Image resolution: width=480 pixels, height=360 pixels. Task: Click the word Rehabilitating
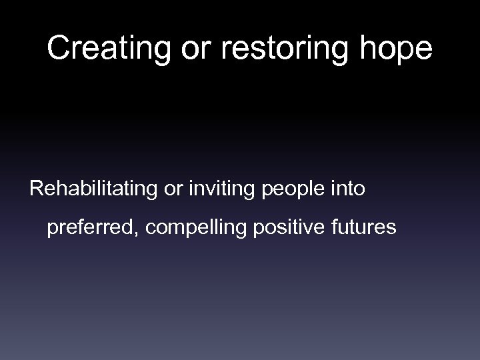pyautogui.click(x=93, y=189)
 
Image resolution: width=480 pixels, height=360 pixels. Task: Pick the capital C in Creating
pyautogui.click(x=59, y=48)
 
